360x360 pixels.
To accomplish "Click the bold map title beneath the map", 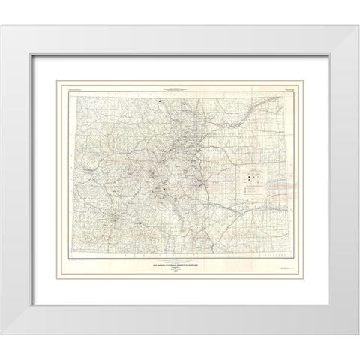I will click(x=179, y=262).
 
